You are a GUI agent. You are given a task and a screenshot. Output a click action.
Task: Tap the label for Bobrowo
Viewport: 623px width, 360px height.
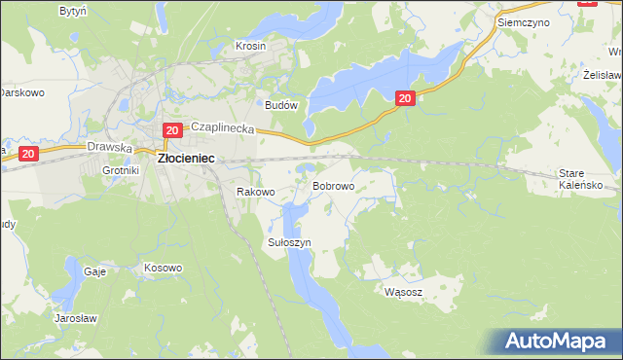pos(333,185)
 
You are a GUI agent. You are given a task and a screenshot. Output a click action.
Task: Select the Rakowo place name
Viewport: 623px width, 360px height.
pos(257,192)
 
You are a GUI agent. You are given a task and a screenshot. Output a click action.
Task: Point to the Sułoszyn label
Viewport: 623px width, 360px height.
pos(288,242)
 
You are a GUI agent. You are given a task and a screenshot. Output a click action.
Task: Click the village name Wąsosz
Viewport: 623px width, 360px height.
pos(403,291)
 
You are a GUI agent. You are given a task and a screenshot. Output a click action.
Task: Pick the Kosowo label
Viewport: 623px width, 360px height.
pos(163,268)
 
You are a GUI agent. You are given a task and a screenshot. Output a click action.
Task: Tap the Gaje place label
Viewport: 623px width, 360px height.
pos(94,271)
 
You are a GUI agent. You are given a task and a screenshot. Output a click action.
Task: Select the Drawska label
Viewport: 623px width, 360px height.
pos(109,147)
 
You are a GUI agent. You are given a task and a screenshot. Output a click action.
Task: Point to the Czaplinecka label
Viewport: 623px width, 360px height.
pos(222,127)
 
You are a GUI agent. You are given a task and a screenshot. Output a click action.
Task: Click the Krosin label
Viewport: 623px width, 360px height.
pos(250,46)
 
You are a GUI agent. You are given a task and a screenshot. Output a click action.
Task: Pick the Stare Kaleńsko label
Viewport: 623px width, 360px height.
pos(583,178)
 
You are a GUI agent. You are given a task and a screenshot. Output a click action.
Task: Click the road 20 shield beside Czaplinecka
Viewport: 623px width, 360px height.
pos(171,129)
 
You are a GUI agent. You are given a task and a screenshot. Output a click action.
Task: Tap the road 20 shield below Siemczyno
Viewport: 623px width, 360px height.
pos(406,97)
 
